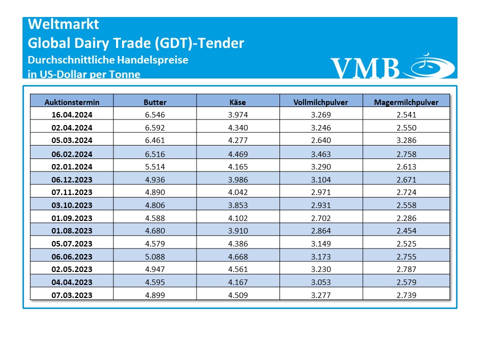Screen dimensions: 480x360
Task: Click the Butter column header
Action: pyautogui.click(x=155, y=102)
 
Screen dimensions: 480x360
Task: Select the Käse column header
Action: pyautogui.click(x=238, y=102)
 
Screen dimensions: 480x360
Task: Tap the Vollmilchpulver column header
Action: pyautogui.click(x=321, y=102)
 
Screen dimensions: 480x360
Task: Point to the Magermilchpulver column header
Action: pyautogui.click(x=406, y=102)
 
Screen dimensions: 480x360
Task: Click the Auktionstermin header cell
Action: pyautogui.click(x=72, y=102)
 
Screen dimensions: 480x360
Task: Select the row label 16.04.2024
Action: pyautogui.click(x=72, y=114)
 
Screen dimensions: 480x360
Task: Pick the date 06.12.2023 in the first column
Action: pyautogui.click(x=72, y=179)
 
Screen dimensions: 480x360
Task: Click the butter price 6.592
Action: pyautogui.click(x=155, y=127)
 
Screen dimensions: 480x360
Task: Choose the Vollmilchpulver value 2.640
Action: pyautogui.click(x=321, y=140)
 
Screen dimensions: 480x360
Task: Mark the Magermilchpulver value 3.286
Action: pyautogui.click(x=406, y=140)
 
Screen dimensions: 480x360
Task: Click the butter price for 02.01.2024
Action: pyautogui.click(x=155, y=166)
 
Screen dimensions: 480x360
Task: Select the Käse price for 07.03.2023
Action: pyautogui.click(x=238, y=295)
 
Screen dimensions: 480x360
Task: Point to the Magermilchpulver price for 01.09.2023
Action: pyautogui.click(x=406, y=218)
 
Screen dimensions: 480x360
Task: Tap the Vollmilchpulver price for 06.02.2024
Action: pyautogui.click(x=321, y=154)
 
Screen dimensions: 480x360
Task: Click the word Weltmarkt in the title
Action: pyautogui.click(x=63, y=24)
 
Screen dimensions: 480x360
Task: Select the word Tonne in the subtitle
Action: pyautogui.click(x=124, y=74)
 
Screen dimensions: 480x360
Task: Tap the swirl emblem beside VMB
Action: pyautogui.click(x=431, y=65)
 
